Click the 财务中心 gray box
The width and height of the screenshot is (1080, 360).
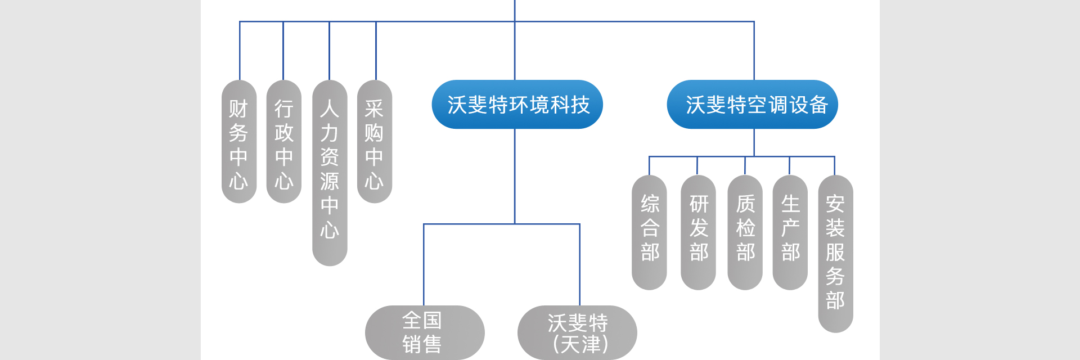click(239, 142)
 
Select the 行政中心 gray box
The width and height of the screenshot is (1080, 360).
click(284, 142)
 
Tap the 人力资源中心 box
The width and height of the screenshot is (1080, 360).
click(330, 173)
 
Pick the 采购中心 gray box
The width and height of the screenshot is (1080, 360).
click(375, 142)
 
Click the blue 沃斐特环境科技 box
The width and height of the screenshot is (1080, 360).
click(517, 105)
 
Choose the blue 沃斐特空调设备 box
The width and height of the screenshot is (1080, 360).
click(752, 105)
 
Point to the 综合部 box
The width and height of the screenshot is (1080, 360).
click(649, 232)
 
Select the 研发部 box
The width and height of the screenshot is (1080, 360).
click(698, 232)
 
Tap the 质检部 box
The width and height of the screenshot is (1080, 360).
click(745, 232)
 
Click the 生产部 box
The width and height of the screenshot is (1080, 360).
click(790, 232)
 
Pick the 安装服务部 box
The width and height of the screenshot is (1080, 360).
click(835, 254)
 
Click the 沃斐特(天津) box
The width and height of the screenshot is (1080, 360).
click(577, 332)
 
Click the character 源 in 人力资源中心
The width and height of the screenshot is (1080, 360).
click(330, 181)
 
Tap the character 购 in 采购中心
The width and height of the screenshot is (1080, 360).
click(374, 133)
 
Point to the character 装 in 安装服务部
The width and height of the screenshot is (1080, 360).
click(835, 228)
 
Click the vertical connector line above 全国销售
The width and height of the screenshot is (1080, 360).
click(424, 264)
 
